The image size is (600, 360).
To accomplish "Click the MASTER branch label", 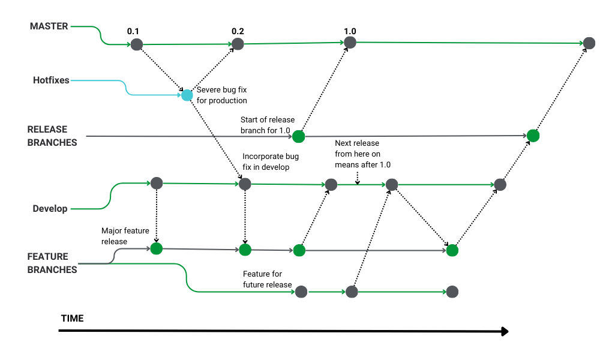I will (x=49, y=26).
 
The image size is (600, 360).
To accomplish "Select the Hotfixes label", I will (x=51, y=80).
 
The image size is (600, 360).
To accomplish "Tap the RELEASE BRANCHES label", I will (x=52, y=136).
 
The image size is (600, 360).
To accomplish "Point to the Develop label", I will (x=50, y=209).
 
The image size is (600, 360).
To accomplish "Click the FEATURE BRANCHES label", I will (x=52, y=263).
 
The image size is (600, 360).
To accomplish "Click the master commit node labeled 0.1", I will (x=137, y=44).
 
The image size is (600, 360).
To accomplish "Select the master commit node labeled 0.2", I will (x=238, y=44).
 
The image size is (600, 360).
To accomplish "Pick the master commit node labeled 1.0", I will (x=350, y=43).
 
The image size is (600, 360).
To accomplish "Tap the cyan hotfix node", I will (x=187, y=95).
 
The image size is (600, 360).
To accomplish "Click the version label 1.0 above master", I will (x=350, y=31).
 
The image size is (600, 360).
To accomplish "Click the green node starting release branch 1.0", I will (x=298, y=137).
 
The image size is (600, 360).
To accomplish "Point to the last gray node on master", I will (x=589, y=43).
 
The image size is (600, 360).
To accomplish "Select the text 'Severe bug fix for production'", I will (x=222, y=95).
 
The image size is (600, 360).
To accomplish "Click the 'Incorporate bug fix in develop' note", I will (x=270, y=161).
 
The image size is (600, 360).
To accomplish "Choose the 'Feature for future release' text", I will (x=267, y=279).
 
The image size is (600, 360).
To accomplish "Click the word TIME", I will (x=72, y=318).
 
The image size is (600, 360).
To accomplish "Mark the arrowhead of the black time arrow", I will (x=505, y=331).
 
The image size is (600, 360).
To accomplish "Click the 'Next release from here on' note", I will (x=358, y=154).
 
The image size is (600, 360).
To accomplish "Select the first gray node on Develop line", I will (x=157, y=183).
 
